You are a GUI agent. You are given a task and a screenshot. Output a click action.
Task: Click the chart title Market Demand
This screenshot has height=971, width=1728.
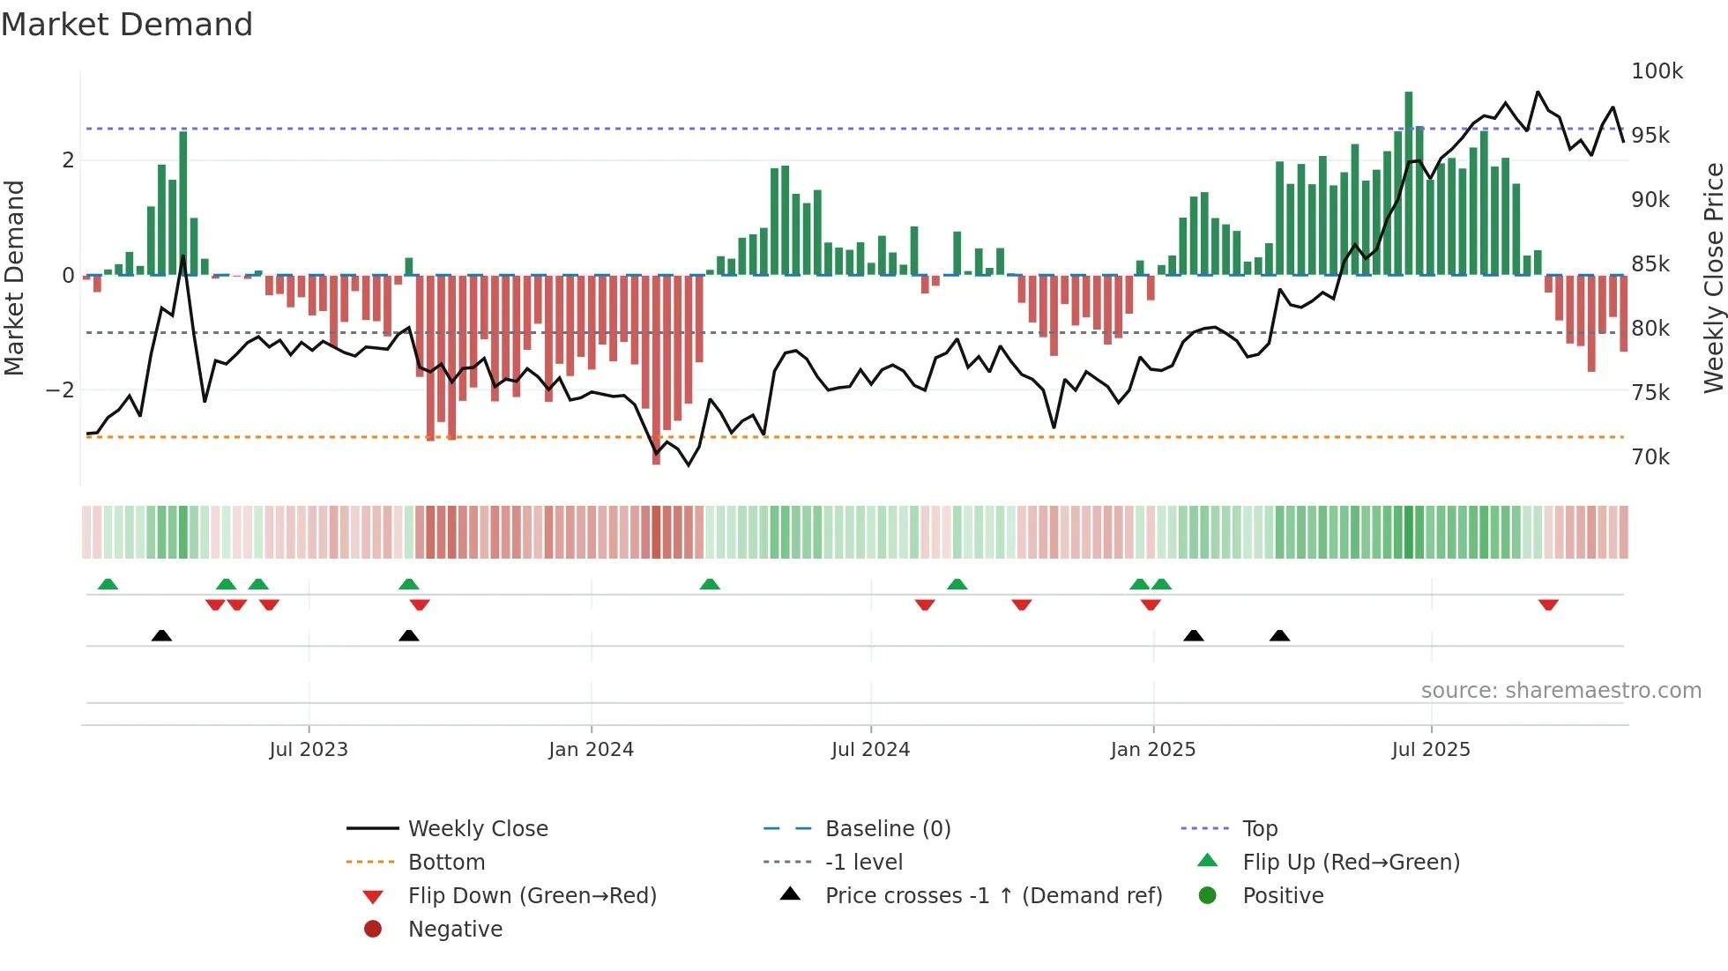pyautogui.click(x=127, y=25)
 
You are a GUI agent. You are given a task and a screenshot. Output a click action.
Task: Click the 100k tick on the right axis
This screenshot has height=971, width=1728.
pyautogui.click(x=1657, y=71)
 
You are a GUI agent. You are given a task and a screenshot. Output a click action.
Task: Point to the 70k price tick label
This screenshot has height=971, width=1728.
pyautogui.click(x=1650, y=457)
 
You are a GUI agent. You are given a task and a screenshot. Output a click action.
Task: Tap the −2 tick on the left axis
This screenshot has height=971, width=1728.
pyautogui.click(x=60, y=390)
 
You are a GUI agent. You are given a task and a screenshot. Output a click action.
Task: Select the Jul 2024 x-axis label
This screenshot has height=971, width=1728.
pyautogui.click(x=870, y=750)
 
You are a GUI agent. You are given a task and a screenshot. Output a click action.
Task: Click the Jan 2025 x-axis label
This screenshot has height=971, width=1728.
pyautogui.click(x=1152, y=750)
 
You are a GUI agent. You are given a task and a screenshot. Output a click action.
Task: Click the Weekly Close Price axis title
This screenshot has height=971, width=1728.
pyautogui.click(x=1713, y=278)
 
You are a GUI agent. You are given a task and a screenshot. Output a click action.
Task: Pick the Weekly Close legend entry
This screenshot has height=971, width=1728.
pyautogui.click(x=477, y=829)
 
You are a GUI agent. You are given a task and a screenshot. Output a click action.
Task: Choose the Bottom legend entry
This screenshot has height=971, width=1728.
pyautogui.click(x=446, y=863)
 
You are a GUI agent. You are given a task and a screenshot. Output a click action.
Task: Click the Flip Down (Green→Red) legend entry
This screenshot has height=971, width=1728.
pyautogui.click(x=532, y=896)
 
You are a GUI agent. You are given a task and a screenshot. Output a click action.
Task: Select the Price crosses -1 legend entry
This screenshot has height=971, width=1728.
pyautogui.click(x=993, y=896)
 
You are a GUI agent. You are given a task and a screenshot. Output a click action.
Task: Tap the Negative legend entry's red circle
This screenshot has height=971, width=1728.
pyautogui.click(x=373, y=930)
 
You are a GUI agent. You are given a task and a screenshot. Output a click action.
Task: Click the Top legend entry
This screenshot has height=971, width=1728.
pyautogui.click(x=1259, y=829)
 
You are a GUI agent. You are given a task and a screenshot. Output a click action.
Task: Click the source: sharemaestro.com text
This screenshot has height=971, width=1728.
pyautogui.click(x=1560, y=691)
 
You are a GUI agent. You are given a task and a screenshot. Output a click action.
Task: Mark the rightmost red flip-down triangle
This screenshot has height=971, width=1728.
pyautogui.click(x=1548, y=605)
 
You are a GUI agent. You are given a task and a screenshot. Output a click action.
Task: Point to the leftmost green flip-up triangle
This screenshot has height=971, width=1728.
pyautogui.click(x=108, y=584)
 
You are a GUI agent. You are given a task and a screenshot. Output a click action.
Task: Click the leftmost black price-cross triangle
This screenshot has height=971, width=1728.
pyautogui.click(x=161, y=636)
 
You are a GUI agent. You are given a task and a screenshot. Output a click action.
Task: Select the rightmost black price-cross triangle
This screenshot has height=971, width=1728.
pyautogui.click(x=1279, y=636)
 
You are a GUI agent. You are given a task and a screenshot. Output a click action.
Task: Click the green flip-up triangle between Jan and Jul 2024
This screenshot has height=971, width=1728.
pyautogui.click(x=710, y=584)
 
